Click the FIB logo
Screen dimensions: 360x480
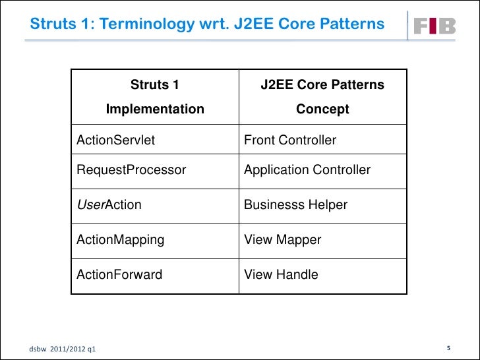[434, 26]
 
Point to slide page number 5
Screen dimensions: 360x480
[448, 348]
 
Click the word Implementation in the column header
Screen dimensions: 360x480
[155, 109]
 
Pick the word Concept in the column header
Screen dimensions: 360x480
[322, 109]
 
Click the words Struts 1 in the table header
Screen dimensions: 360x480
[155, 85]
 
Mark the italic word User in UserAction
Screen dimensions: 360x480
[90, 205]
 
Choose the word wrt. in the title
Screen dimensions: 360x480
[210, 24]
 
